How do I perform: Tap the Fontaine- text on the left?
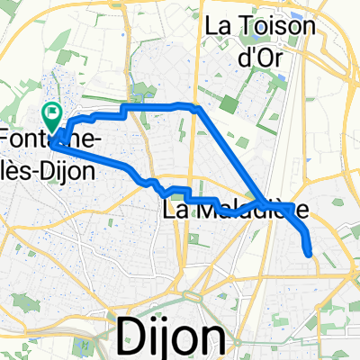coord(49,139)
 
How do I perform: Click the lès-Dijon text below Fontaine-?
coord(49,168)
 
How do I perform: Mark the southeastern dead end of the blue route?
coord(310,255)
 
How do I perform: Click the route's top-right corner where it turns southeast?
coord(198,108)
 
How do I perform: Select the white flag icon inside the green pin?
coord(51,114)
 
